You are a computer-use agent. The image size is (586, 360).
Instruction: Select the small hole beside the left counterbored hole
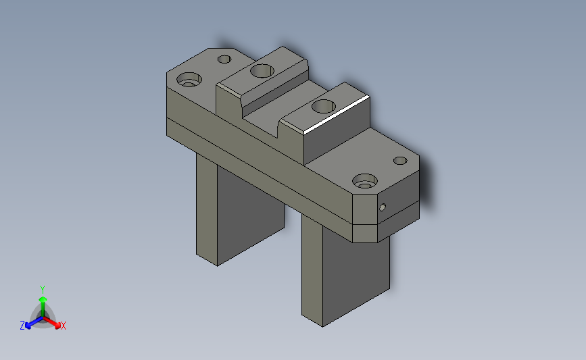(224, 59)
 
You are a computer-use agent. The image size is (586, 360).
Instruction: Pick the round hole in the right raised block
(324, 106)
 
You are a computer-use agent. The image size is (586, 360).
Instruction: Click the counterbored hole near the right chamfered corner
(365, 181)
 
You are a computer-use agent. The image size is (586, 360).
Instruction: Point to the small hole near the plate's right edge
(400, 161)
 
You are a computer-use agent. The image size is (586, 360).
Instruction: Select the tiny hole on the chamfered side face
(383, 207)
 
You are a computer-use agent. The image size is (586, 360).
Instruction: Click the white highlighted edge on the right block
(337, 113)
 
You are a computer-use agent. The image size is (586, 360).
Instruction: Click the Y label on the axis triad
(42, 288)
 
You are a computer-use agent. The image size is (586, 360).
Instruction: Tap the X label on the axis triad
(63, 326)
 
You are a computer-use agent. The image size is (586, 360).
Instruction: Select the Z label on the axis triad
(22, 326)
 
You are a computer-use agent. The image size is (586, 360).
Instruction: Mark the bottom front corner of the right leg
(322, 327)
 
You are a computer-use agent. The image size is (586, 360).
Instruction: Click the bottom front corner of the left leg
(217, 265)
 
